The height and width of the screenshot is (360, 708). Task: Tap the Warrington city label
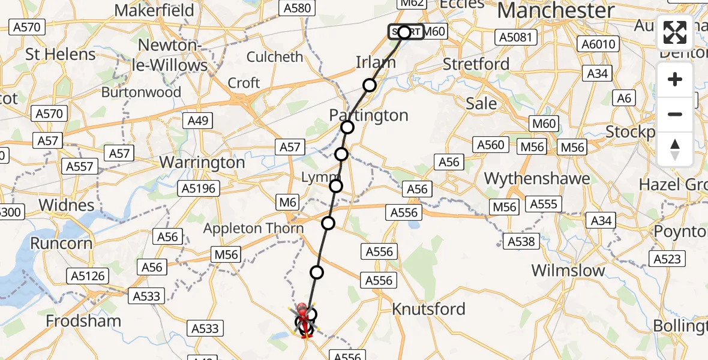tap(202, 163)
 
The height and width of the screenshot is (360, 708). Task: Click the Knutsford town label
tap(428, 309)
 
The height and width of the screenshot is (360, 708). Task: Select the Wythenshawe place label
tap(536, 178)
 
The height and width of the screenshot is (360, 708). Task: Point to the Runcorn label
tap(62, 243)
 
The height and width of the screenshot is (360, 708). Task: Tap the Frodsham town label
tap(83, 321)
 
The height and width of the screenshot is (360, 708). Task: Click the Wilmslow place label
tap(568, 270)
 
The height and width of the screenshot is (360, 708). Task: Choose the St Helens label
tap(60, 54)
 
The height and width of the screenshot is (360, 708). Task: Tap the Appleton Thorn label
tap(253, 229)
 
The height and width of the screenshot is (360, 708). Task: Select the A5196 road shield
tap(200, 188)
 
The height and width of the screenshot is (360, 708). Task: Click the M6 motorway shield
tap(288, 203)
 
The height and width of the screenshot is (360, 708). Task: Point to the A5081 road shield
tap(515, 37)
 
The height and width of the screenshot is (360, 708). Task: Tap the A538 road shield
tap(521, 241)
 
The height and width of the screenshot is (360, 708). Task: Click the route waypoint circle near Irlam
tap(370, 85)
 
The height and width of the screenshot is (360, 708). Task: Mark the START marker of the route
tap(405, 32)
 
